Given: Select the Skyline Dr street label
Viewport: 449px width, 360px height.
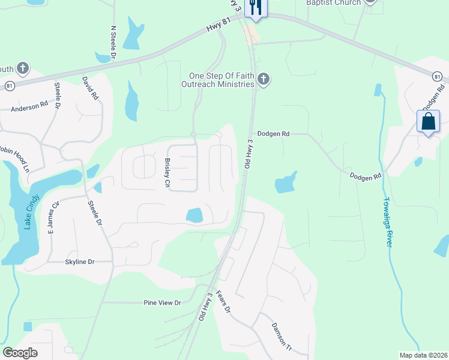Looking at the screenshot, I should click(x=80, y=262).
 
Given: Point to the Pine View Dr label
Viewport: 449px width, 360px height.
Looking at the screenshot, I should click(x=161, y=303).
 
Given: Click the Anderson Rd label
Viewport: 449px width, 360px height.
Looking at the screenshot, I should click(x=29, y=108).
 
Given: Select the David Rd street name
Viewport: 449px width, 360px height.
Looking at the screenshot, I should click(x=89, y=88).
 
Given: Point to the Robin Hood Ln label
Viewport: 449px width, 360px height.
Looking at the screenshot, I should click(x=13, y=157).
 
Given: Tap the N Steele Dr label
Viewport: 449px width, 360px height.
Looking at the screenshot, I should click(x=113, y=41).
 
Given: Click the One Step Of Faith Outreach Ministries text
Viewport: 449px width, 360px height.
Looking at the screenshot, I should click(x=221, y=80).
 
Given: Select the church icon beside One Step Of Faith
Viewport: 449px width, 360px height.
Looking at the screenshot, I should click(x=263, y=79).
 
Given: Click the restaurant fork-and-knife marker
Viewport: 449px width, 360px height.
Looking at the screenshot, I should click(x=256, y=8).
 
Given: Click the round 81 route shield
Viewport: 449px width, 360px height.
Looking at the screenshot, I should click(x=438, y=76).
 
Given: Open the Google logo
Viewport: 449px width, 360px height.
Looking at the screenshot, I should click(x=20, y=353).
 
